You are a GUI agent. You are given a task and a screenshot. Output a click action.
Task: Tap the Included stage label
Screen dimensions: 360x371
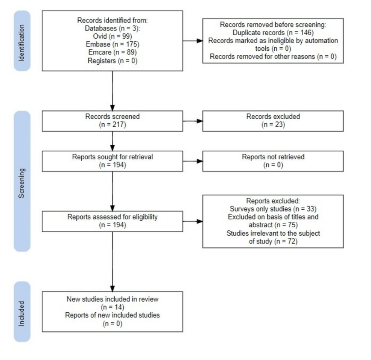[22, 312]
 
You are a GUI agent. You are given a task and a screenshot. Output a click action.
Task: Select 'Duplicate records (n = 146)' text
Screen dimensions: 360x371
[273, 33]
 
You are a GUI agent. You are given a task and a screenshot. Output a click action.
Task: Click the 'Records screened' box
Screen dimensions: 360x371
[112, 121]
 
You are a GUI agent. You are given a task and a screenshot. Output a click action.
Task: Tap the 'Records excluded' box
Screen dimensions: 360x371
[273, 121]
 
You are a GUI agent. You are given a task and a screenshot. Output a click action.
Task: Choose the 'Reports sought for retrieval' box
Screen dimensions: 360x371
[112, 161]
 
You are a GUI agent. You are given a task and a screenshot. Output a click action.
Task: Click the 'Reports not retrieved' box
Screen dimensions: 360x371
[273, 161]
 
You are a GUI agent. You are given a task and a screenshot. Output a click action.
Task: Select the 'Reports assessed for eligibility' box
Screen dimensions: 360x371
[112, 221]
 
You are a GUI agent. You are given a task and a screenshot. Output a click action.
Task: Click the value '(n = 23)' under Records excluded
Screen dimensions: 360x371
[273, 124]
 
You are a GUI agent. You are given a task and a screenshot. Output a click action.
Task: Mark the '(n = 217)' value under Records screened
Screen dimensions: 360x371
[112, 124]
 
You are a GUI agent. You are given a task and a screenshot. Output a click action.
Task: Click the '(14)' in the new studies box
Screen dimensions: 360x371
[112, 307]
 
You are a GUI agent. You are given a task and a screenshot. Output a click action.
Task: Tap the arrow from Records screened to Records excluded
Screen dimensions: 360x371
[192, 121]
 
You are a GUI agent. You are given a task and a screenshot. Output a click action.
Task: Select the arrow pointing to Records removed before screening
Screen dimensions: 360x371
[192, 40]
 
